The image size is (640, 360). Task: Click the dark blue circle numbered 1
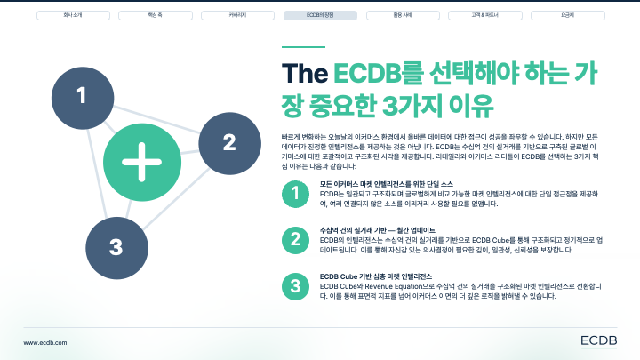point(82,95)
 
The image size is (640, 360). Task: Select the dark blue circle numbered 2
point(228,142)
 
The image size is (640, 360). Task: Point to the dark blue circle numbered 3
point(116,245)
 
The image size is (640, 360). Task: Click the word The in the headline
point(305,74)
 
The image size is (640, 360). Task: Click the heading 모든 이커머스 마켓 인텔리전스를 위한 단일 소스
point(388,183)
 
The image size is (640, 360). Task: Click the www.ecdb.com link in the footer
point(46,340)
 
